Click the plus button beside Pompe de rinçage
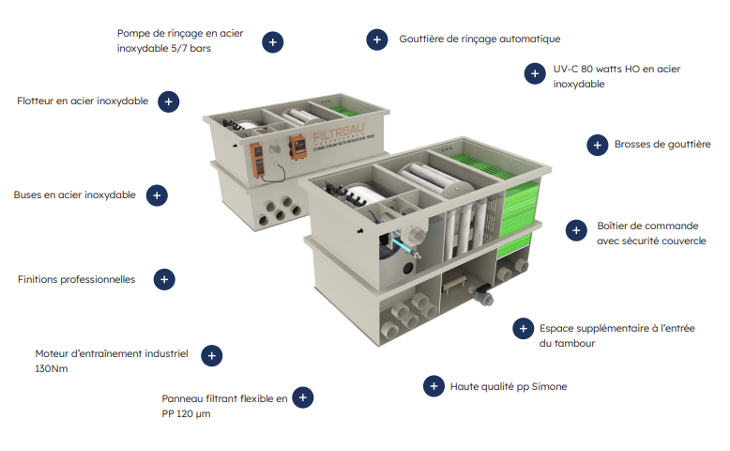(273, 42)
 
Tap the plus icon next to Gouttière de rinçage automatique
(377, 39)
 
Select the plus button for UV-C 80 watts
(535, 73)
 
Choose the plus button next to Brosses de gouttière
(598, 145)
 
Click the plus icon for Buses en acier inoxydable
(157, 195)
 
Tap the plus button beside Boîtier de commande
(576, 230)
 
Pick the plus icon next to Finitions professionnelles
(164, 279)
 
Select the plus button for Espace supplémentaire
(524, 328)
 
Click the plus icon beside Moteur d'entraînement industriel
(212, 356)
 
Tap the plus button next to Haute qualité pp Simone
(433, 386)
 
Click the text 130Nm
(52, 369)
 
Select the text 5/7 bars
(190, 49)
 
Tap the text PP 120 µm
(186, 414)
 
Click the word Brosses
(632, 144)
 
